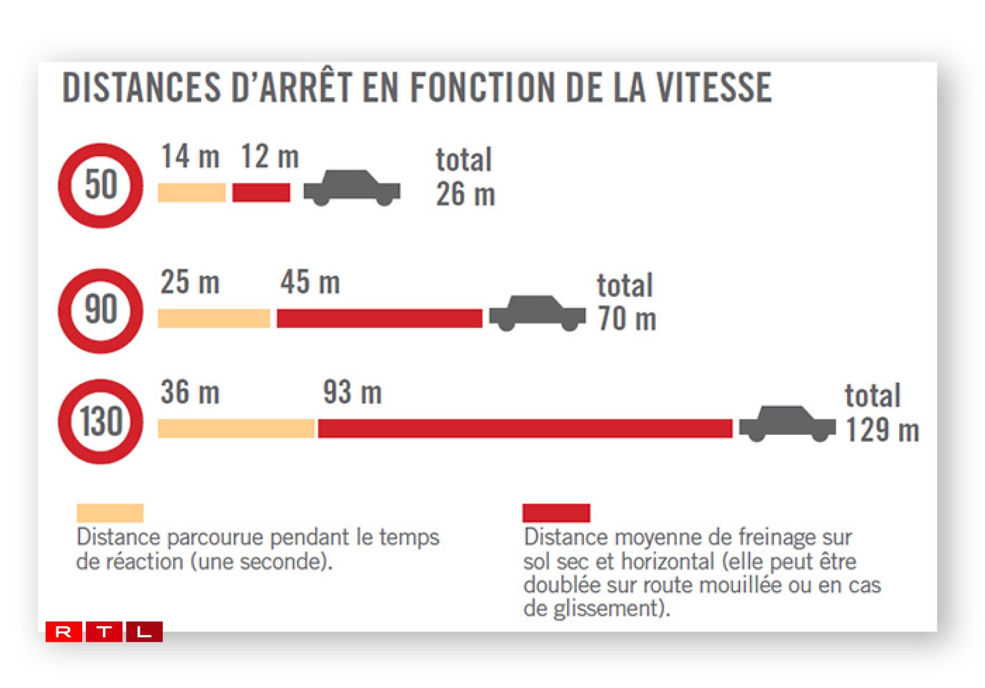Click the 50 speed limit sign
(x=100, y=185)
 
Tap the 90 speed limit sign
(x=100, y=311)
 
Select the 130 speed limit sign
(x=100, y=421)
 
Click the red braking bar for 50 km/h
(x=261, y=192)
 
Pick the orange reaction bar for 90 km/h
(x=214, y=318)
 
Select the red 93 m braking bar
(x=524, y=429)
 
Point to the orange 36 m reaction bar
(x=236, y=429)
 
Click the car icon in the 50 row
(x=352, y=187)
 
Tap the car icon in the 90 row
(x=537, y=313)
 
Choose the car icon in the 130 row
(x=787, y=424)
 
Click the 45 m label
(x=310, y=283)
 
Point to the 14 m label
(x=190, y=157)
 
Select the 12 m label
(x=270, y=157)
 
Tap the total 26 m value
(x=466, y=194)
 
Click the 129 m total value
(x=882, y=430)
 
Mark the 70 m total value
(x=627, y=319)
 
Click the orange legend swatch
(x=110, y=513)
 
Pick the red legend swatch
(x=556, y=513)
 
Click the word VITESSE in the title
(x=714, y=87)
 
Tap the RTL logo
(x=104, y=632)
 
